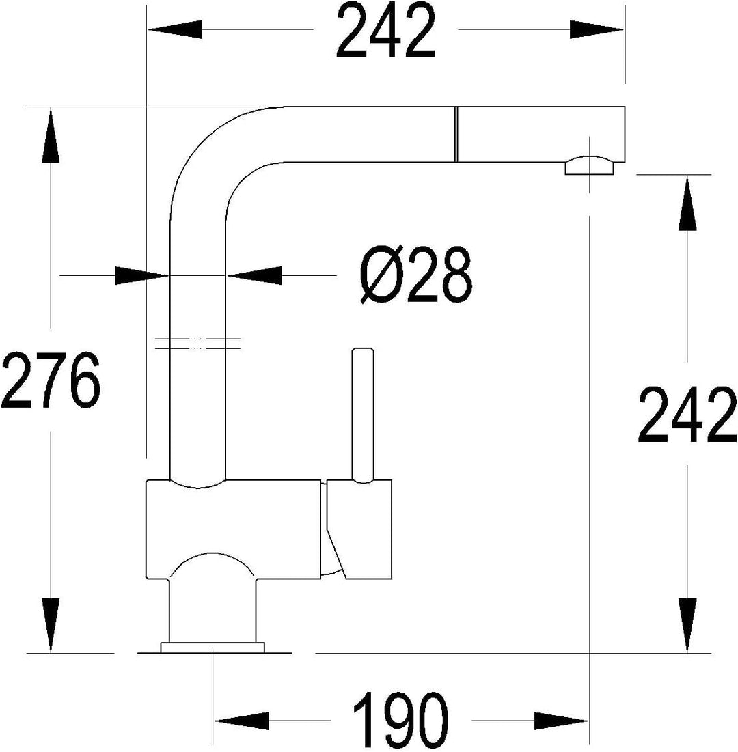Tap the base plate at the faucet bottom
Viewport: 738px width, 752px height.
[213, 648]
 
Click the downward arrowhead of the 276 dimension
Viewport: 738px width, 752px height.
[51, 626]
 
